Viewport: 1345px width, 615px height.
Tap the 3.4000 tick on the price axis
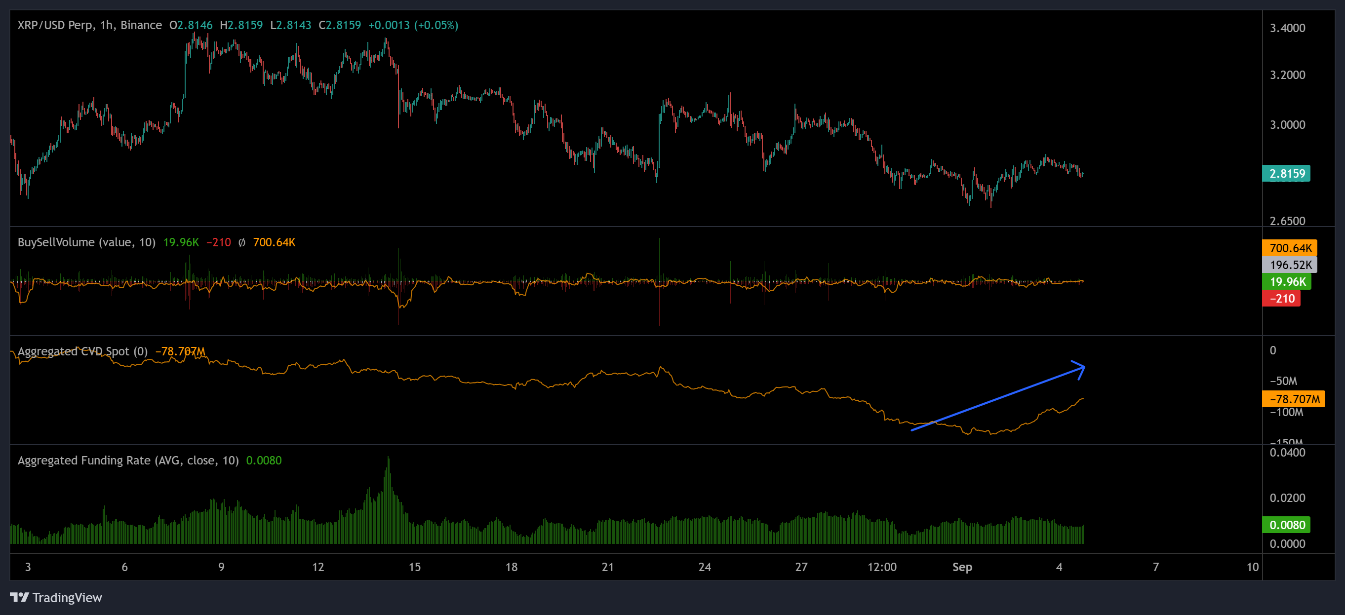click(x=1287, y=28)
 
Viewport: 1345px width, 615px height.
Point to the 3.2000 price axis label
click(x=1287, y=75)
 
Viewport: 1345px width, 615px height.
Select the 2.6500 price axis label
click(x=1287, y=221)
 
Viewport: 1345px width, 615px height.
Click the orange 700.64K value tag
click(x=1290, y=248)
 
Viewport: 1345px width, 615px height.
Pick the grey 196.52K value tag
click(x=1290, y=265)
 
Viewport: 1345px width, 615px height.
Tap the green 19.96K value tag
click(x=1287, y=282)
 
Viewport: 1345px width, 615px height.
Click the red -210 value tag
click(x=1281, y=299)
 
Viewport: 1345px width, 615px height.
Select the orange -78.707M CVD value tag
click(x=1293, y=399)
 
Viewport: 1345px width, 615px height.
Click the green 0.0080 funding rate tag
click(x=1286, y=525)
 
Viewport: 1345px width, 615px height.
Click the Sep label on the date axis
click(x=962, y=567)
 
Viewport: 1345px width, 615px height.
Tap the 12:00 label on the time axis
click(x=881, y=567)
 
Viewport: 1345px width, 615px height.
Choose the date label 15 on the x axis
click(x=414, y=567)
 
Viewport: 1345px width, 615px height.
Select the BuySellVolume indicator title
click(x=86, y=242)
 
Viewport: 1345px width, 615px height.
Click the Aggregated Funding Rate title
click(x=128, y=461)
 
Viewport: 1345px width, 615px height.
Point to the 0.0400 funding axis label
click(x=1287, y=453)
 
